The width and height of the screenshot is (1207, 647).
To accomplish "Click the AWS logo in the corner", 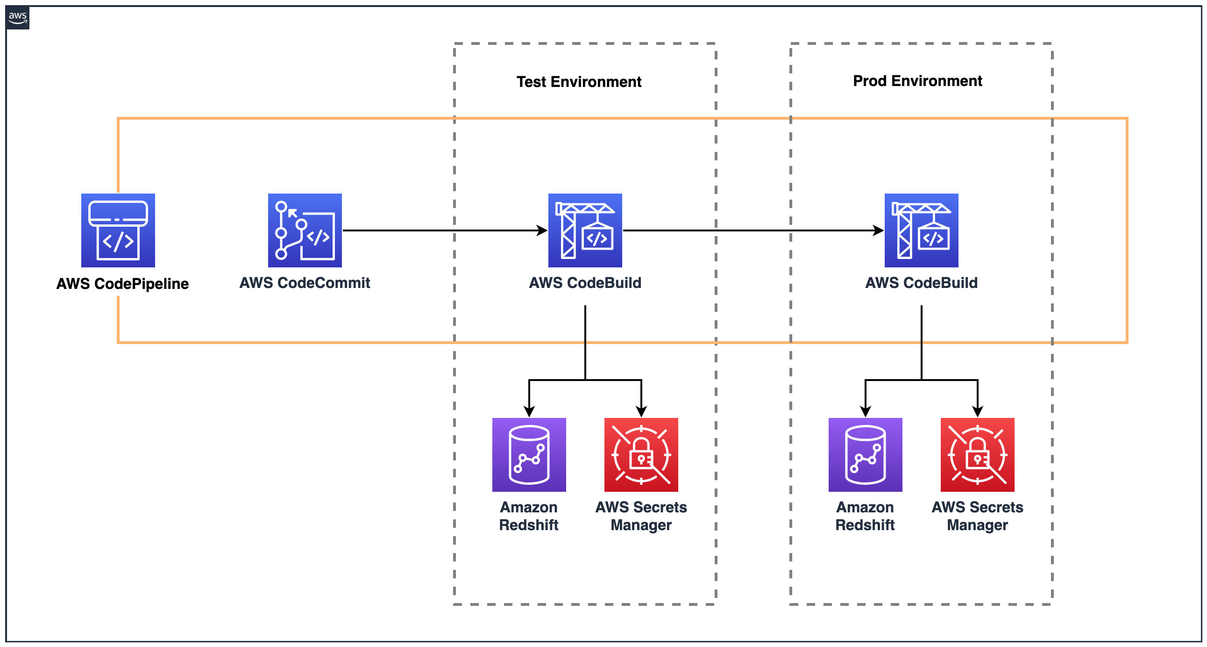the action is pyautogui.click(x=18, y=18).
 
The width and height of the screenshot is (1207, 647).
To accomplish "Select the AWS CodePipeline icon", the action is pyautogui.click(x=118, y=230).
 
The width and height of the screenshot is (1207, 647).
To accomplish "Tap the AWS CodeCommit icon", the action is pyautogui.click(x=305, y=230).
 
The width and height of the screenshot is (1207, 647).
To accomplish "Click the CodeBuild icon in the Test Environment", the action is pyautogui.click(x=585, y=230).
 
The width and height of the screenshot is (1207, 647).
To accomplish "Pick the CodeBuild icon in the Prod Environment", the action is pyautogui.click(x=921, y=230).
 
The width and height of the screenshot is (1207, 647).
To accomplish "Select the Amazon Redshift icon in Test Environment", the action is pyautogui.click(x=529, y=454).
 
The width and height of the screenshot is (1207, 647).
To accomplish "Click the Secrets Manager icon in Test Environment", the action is pyautogui.click(x=641, y=454).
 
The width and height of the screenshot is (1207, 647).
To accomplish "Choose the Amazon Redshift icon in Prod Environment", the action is pyautogui.click(x=865, y=454).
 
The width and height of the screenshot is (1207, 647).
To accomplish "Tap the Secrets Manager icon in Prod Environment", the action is pyautogui.click(x=977, y=454).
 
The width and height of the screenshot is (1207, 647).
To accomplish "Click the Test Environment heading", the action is pyautogui.click(x=579, y=82).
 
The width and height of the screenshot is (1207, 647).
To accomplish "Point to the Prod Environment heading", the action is pyautogui.click(x=917, y=80).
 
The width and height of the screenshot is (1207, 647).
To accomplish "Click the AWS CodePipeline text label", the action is pyautogui.click(x=122, y=284).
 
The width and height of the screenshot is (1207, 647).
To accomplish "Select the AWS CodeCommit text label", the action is pyautogui.click(x=305, y=283).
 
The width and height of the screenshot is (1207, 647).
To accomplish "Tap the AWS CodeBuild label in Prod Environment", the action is pyautogui.click(x=921, y=283).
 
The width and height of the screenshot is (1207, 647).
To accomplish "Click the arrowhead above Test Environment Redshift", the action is pyautogui.click(x=529, y=412).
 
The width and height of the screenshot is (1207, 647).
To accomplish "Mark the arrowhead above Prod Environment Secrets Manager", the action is pyautogui.click(x=977, y=412).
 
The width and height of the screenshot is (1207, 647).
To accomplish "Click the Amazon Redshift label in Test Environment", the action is pyautogui.click(x=529, y=516).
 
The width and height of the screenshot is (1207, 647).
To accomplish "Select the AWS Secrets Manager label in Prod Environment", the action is pyautogui.click(x=977, y=516).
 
